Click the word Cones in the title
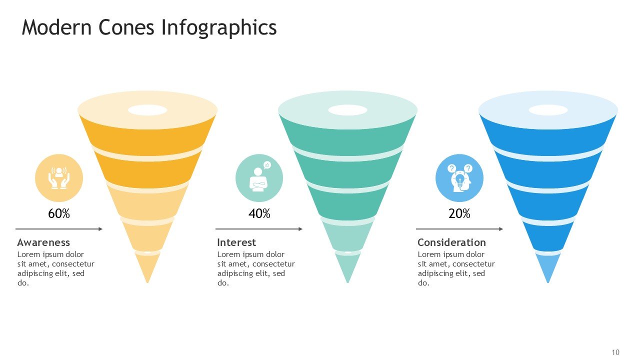(126, 27)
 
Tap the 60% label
(59, 213)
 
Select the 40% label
(259, 213)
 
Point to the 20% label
(459, 213)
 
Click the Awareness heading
(43, 242)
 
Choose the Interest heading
(236, 242)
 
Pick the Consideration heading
(451, 242)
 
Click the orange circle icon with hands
(59, 178)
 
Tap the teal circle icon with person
(259, 178)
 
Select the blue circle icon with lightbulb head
(459, 178)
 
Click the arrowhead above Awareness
(100, 229)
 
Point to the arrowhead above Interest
(300, 229)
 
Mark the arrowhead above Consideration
(501, 229)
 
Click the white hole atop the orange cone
(147, 110)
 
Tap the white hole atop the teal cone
(347, 110)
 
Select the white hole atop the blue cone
(548, 110)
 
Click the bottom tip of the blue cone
(548, 283)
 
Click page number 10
(615, 352)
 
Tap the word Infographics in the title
(219, 28)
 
